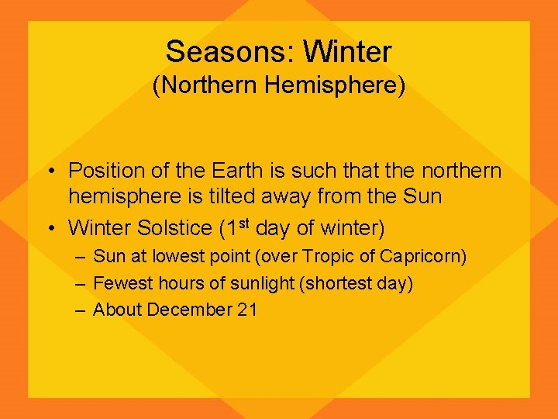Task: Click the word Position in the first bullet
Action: (x=107, y=171)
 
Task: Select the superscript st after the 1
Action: (x=242, y=224)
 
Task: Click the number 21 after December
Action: (x=247, y=310)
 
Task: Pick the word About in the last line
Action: (x=117, y=310)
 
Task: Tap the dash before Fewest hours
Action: (x=80, y=284)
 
